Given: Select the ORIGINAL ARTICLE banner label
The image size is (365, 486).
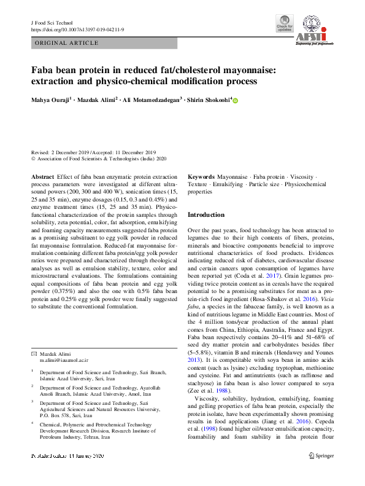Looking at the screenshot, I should pos(67,43).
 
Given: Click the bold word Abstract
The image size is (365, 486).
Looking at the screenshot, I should pos(42,177).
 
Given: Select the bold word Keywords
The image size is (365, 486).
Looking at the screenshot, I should pos(201,177).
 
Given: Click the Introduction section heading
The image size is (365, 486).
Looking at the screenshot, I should pos(206,215).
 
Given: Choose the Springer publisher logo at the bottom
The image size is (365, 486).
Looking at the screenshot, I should pos(321,473).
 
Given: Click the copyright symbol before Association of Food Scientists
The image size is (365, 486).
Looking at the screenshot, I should pos(33,158).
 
